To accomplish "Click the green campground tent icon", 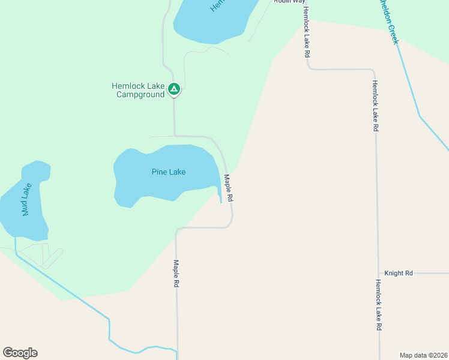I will (173, 89).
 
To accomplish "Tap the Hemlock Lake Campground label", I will (138, 90).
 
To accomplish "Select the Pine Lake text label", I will (168, 172).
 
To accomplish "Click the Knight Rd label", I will (399, 273).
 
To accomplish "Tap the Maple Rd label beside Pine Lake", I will (228, 187).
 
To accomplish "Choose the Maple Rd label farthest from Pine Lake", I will (176, 273).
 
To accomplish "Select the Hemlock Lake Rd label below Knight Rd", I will (379, 305).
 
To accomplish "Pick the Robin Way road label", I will (289, 2).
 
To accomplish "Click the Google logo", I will (20, 353).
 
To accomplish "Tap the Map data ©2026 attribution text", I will (423, 355).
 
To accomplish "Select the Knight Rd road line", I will (426, 274).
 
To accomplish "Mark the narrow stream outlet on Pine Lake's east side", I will (220, 195).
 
